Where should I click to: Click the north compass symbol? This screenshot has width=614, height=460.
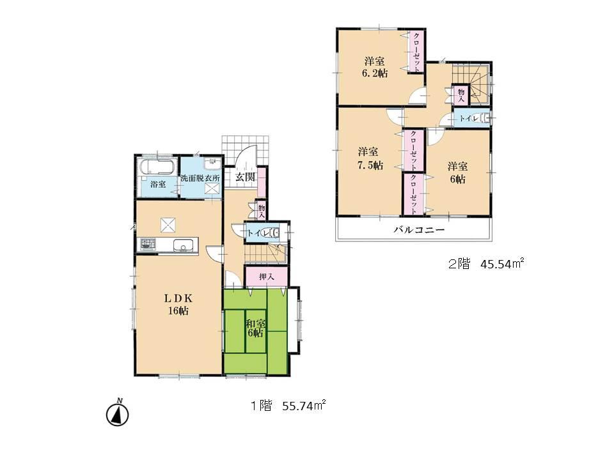(118, 413)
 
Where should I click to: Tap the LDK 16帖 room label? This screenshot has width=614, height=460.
(178, 305)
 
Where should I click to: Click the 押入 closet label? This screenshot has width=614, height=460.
(267, 277)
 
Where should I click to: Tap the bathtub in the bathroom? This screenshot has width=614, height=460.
(157, 168)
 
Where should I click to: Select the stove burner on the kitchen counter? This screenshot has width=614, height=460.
(148, 244)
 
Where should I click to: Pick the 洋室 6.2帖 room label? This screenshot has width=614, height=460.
(374, 67)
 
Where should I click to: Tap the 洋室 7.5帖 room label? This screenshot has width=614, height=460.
(370, 158)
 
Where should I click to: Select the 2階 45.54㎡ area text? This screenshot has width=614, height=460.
(487, 264)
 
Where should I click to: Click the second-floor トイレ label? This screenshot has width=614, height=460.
(466, 119)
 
